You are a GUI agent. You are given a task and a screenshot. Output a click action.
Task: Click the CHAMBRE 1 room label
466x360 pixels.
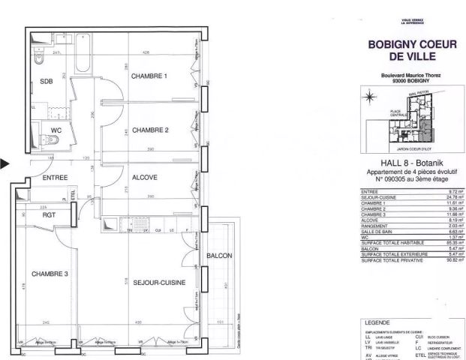coord(149,76)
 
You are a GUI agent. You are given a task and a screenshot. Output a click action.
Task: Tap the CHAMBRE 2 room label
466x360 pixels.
coord(150,130)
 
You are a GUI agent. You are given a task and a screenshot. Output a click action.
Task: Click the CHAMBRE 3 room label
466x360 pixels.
coord(50,274)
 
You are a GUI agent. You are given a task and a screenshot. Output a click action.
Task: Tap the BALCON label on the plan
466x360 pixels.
coord(219,256)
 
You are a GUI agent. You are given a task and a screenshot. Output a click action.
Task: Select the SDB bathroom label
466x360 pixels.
coord(47,81)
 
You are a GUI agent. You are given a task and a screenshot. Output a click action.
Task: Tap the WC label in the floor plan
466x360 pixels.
coord(56,130)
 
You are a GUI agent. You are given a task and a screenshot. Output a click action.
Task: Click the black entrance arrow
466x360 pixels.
coord(5,162)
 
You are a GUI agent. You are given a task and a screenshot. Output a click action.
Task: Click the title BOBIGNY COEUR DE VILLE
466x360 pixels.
coord(412,51)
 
